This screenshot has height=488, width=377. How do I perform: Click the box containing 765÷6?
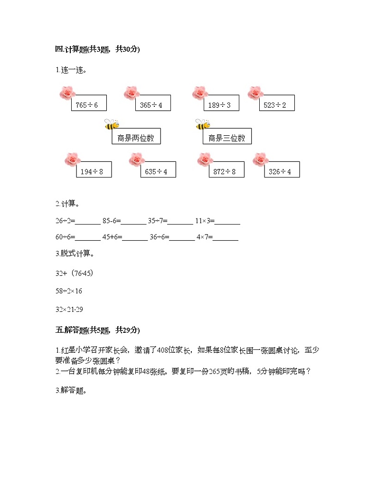coord(89,103)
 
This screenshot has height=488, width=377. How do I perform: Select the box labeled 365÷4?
coord(153,103)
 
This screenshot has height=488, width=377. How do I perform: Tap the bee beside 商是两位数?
coord(111,125)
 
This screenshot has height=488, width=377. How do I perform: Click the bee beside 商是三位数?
coord(203,125)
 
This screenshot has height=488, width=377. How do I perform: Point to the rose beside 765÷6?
coord(66,94)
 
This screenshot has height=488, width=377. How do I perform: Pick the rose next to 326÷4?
coord(260,160)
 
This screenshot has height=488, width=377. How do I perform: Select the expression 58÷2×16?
coord(69,291)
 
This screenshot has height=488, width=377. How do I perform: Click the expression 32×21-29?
coord(69,310)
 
